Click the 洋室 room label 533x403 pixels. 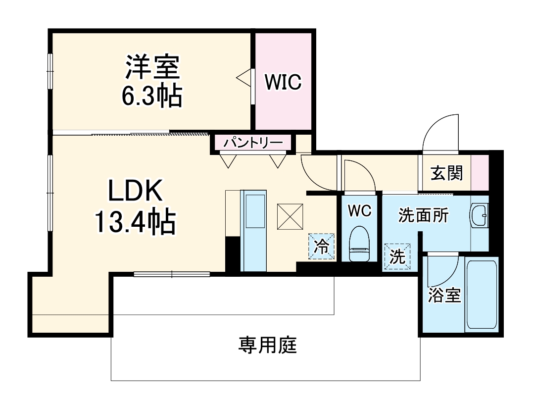(152, 68)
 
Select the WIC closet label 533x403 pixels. (283, 82)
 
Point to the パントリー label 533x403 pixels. (252, 143)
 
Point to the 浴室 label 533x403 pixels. (444, 295)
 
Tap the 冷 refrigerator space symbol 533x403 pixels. (322, 247)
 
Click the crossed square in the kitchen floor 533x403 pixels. (290, 217)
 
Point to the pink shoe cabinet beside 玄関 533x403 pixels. (479, 172)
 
